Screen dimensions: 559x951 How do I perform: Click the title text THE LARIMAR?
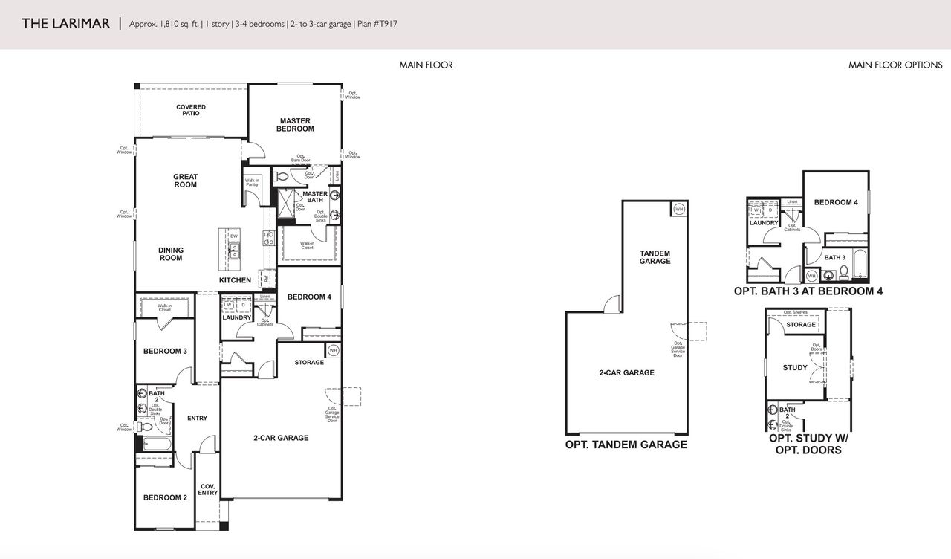coord(66,24)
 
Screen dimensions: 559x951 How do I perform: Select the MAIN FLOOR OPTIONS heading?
coord(895,65)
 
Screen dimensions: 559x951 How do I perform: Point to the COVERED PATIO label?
coord(191,110)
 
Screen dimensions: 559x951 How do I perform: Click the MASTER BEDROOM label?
coord(295,125)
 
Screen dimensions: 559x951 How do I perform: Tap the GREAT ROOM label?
coord(185,181)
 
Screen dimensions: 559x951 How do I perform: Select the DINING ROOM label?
coord(170,254)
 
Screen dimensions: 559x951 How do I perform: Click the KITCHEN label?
coord(235,280)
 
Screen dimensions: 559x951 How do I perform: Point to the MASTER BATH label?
coord(314,197)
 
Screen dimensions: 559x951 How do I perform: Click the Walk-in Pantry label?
coord(252,182)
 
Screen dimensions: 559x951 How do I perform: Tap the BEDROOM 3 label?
coord(165,351)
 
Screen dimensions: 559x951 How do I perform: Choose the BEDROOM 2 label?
coord(165,497)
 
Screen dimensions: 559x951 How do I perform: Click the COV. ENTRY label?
coord(208,489)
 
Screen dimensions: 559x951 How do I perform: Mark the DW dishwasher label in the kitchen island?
coord(233,236)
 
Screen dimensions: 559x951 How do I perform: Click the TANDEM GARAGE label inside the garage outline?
coord(655,257)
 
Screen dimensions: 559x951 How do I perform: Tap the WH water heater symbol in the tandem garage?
coord(678,210)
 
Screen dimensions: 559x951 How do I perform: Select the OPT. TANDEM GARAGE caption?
coord(626,445)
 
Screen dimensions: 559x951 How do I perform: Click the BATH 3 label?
coord(834,258)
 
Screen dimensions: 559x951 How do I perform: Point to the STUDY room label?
coord(794,367)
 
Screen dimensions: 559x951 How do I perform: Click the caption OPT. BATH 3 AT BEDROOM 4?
coord(808,291)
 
